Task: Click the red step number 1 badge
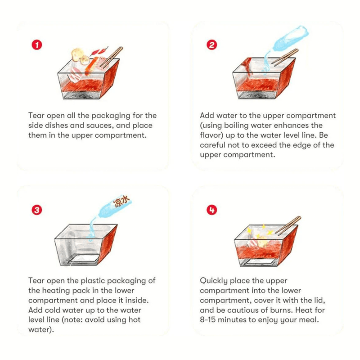[37, 45]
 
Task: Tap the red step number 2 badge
[211, 45]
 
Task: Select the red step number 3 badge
[37, 210]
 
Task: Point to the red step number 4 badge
[211, 210]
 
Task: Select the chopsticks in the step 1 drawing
[112, 57]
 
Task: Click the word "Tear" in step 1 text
[36, 115]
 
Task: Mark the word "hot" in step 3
[134, 319]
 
